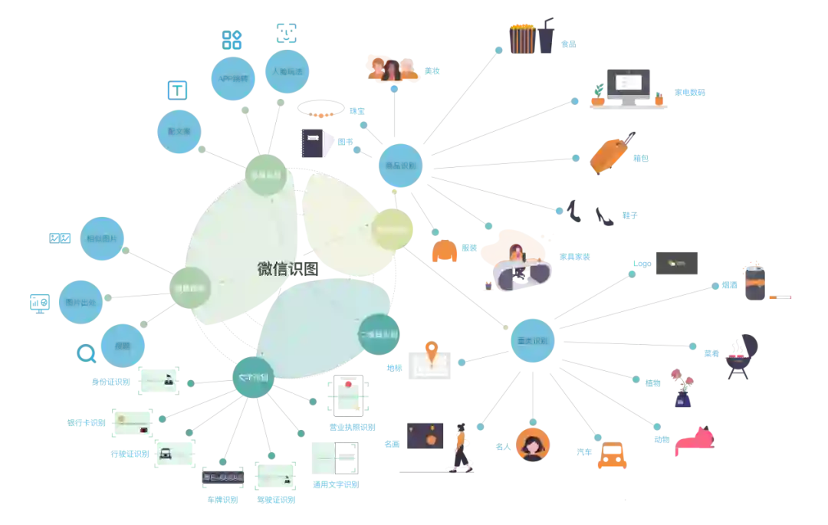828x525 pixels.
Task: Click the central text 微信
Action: (275, 269)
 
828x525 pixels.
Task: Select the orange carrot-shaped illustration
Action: (611, 155)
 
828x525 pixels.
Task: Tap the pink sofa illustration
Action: (696, 441)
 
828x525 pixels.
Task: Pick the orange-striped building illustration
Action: (523, 38)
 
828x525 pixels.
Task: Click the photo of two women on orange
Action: (392, 68)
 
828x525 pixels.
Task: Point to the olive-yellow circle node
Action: (393, 228)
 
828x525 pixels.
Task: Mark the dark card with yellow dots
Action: (675, 264)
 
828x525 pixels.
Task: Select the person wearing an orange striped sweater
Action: (753, 280)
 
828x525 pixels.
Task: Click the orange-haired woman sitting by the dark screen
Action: (462, 445)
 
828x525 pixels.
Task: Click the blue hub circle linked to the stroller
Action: (533, 340)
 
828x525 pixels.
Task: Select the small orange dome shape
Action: (445, 251)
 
